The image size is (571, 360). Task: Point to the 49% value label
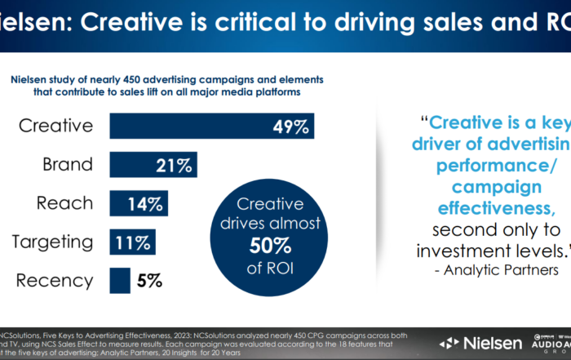pos(291,127)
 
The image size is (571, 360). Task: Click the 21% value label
pos(173,166)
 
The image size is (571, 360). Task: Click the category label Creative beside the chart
pos(55,127)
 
